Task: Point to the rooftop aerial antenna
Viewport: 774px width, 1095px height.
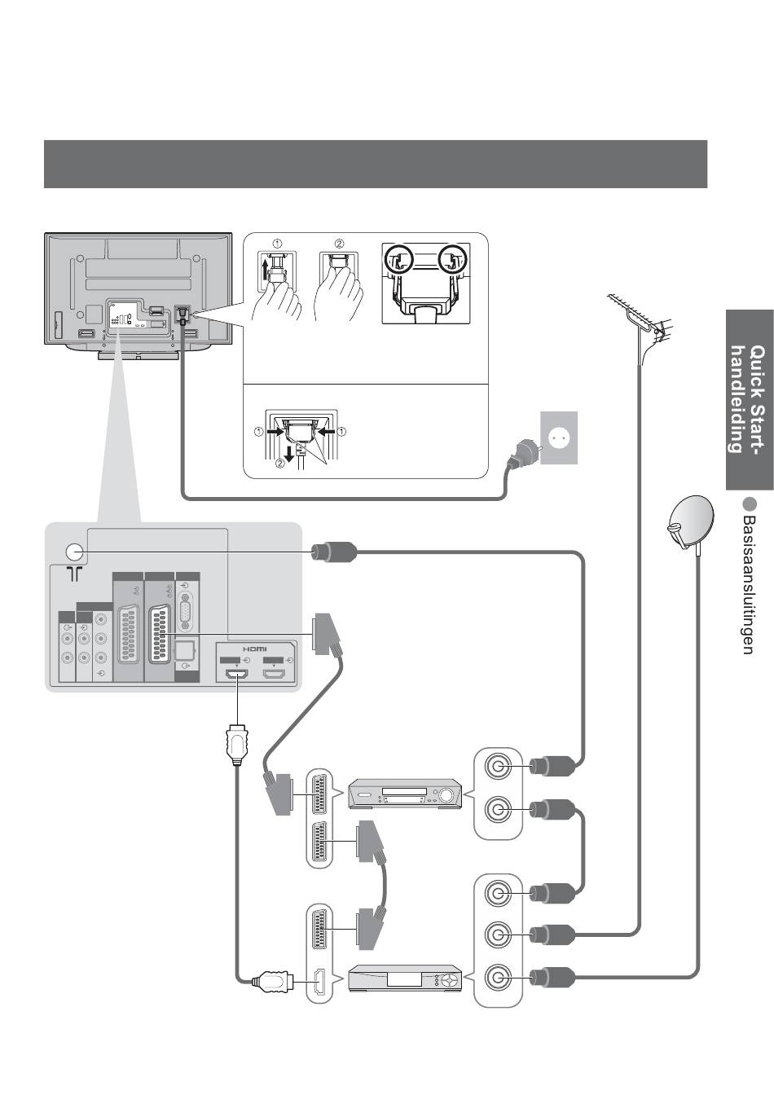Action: click(x=640, y=318)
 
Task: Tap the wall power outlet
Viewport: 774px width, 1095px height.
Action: click(x=559, y=438)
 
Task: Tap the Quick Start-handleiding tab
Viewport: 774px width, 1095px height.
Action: click(x=748, y=398)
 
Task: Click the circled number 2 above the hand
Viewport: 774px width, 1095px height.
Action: click(x=339, y=244)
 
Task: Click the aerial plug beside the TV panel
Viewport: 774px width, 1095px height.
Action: click(x=332, y=552)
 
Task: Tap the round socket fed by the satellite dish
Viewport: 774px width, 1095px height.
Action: click(x=497, y=978)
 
